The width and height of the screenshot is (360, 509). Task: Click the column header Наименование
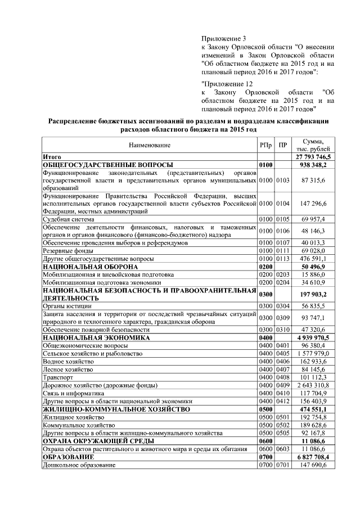pyautogui.click(x=149, y=145)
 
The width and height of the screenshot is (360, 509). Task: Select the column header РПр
pyautogui.click(x=265, y=145)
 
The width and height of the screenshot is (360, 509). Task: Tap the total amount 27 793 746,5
pyautogui.click(x=316, y=156)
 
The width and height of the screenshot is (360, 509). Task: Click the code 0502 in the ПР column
pyautogui.click(x=283, y=426)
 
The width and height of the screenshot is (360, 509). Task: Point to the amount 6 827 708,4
pyautogui.click(x=316, y=458)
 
